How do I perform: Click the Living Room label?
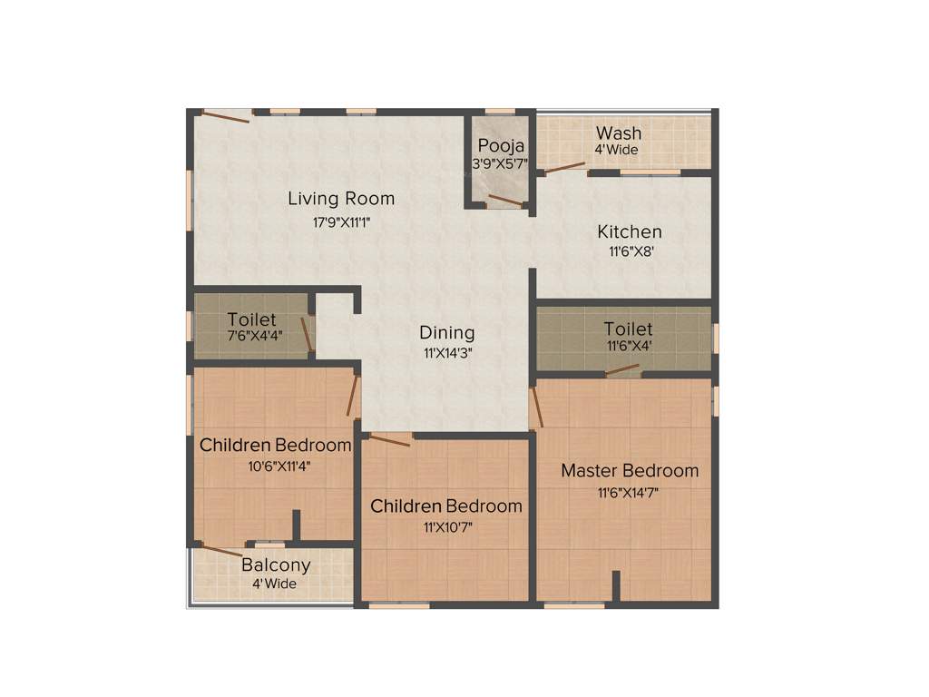click(341, 198)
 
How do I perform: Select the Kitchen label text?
click(629, 232)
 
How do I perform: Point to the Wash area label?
click(619, 133)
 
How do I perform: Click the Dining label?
click(446, 332)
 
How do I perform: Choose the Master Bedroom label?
click(630, 470)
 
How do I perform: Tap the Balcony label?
click(276, 564)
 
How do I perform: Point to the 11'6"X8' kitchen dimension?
click(629, 251)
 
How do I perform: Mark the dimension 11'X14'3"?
click(446, 353)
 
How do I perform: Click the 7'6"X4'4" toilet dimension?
click(252, 337)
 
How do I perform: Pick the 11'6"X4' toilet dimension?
click(629, 346)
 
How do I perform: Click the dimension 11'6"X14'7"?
click(630, 493)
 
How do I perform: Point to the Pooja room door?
click(505, 201)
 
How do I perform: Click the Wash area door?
click(563, 166)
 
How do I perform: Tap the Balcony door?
click(220, 550)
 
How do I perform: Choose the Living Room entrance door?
click(225, 116)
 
